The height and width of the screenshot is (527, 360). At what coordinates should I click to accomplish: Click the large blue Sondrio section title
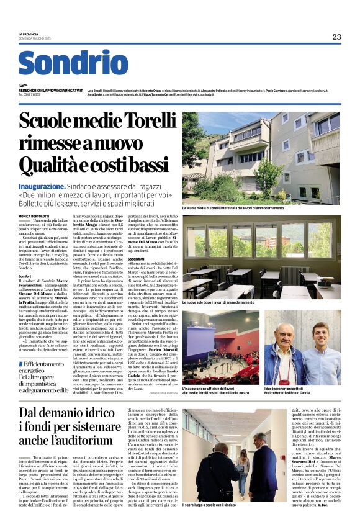[x=73, y=63]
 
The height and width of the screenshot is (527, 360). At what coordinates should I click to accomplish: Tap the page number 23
[x=336, y=37]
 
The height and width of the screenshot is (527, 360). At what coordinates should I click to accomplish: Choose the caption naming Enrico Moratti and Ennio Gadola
[x=293, y=392]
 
